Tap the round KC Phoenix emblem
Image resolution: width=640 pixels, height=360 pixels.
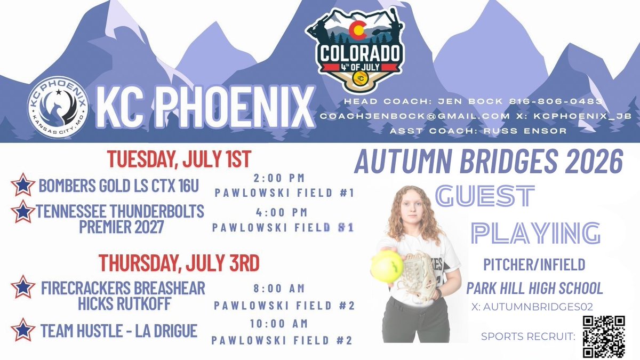tap(58, 107)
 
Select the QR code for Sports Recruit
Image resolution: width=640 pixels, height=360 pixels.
tap(603, 337)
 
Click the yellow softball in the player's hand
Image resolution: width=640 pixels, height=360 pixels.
tap(387, 266)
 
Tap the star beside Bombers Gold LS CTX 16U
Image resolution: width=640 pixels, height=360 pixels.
tap(22, 185)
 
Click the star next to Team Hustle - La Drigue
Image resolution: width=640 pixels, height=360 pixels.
tap(22, 330)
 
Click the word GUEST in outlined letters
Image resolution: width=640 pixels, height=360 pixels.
tap(485, 197)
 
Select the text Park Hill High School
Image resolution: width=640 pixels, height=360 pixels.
tap(534, 289)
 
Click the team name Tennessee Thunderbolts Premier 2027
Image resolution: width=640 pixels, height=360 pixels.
tap(119, 219)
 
